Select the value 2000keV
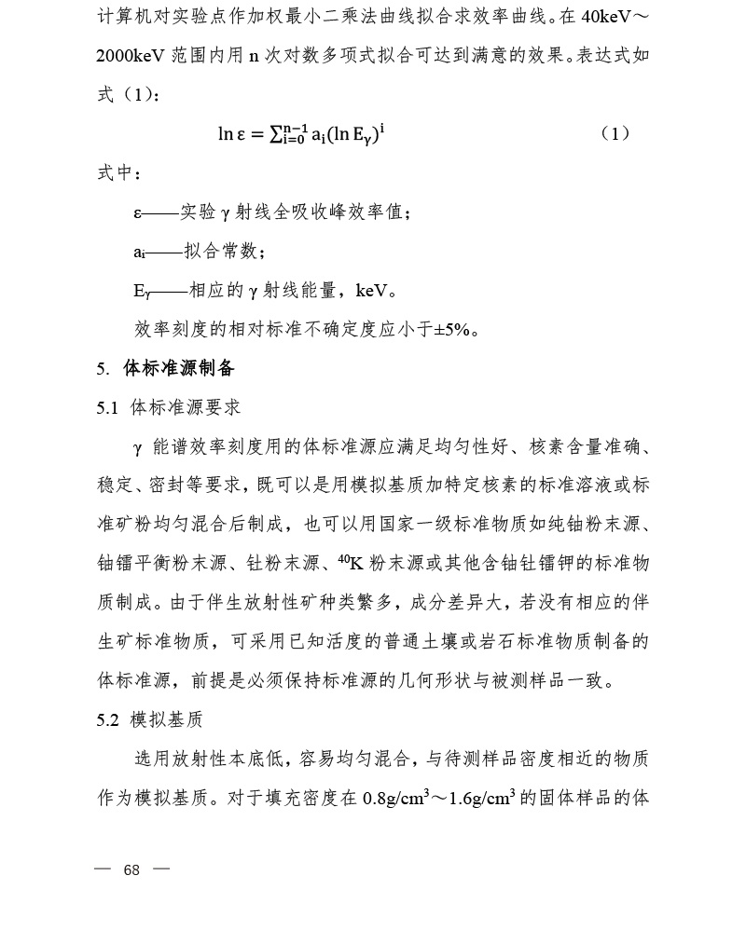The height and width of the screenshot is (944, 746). click(x=131, y=55)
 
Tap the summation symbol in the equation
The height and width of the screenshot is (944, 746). click(x=278, y=133)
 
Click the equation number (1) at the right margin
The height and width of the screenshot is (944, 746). click(x=615, y=133)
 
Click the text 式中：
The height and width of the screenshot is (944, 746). click(x=120, y=174)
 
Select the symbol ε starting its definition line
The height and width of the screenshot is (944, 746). click(x=138, y=213)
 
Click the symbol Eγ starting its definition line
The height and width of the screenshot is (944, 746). click(x=142, y=292)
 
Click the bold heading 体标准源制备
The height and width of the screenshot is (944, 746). click(x=179, y=369)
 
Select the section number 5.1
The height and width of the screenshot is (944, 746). click(x=108, y=407)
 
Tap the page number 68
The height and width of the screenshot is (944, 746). click(x=131, y=870)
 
